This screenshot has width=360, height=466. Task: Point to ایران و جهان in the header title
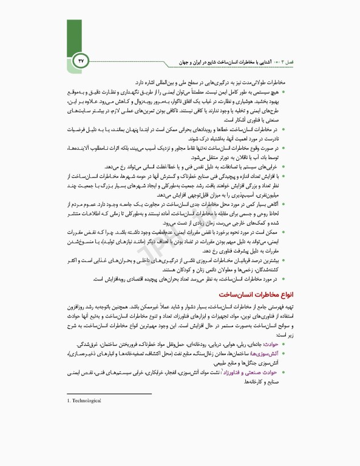199,62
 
